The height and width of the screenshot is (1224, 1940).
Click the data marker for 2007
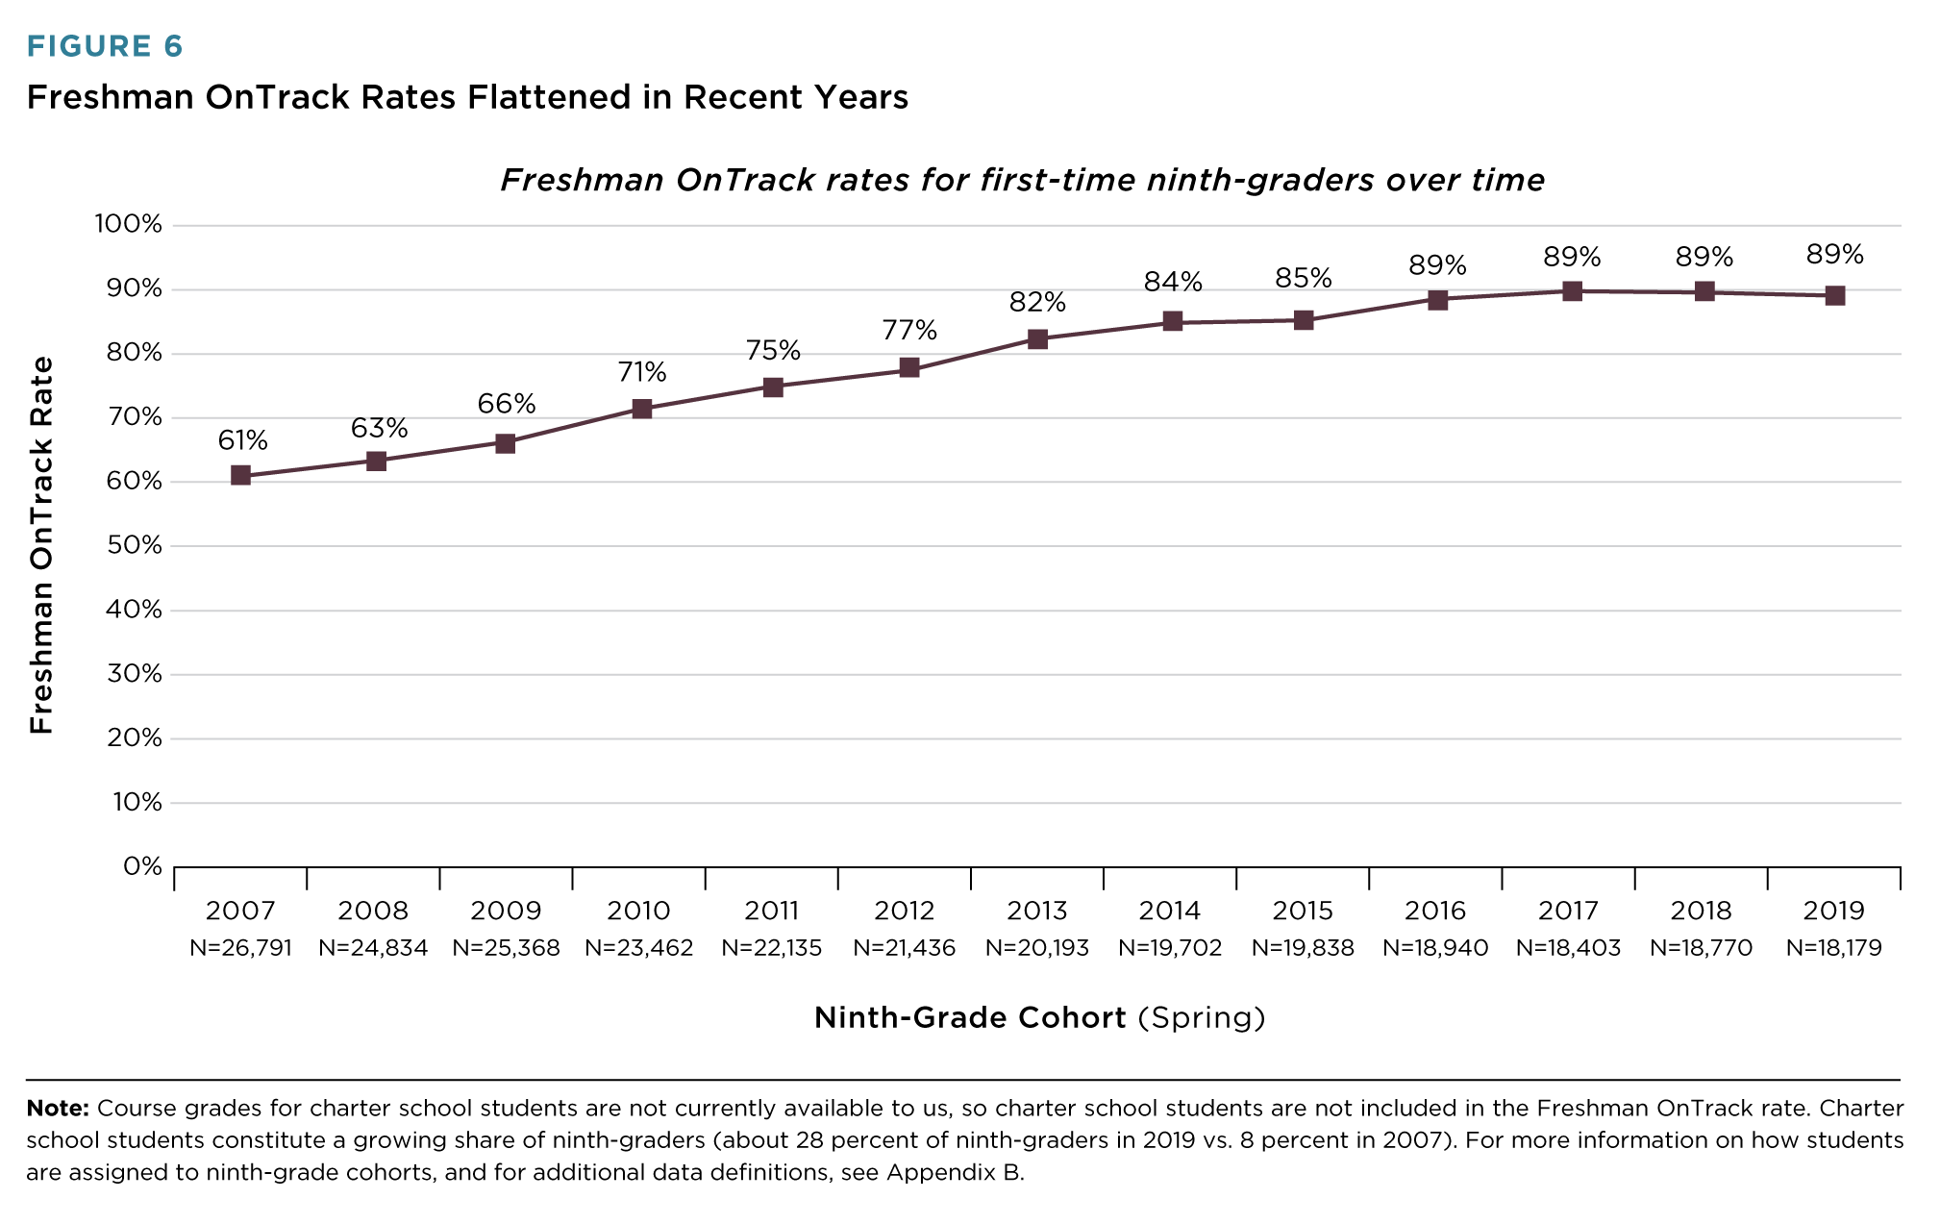click(240, 475)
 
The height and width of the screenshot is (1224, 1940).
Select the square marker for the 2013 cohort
click(1037, 338)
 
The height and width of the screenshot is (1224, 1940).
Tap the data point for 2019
click(1834, 295)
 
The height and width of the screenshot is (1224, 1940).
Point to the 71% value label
click(642, 372)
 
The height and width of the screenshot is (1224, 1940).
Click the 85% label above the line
click(1304, 279)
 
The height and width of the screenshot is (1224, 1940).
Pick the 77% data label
click(909, 331)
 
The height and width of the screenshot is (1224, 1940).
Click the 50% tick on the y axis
click(135, 545)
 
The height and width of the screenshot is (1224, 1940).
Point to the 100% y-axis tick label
click(129, 225)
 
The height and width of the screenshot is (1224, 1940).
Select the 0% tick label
click(142, 866)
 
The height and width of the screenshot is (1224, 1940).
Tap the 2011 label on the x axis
click(772, 911)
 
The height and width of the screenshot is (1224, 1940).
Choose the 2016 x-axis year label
click(1435, 911)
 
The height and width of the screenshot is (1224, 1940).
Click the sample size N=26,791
click(240, 948)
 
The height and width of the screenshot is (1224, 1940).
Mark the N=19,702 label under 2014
click(1170, 948)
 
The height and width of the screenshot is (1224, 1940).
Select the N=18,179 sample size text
click(1834, 948)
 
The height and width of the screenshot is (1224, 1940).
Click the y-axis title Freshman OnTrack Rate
click(41, 545)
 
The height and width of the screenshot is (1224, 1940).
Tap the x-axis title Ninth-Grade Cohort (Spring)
click(1039, 1017)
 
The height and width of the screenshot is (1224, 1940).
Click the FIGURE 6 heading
click(105, 46)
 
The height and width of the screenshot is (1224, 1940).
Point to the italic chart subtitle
click(1022, 180)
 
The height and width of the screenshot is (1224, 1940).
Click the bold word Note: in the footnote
click(58, 1108)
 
